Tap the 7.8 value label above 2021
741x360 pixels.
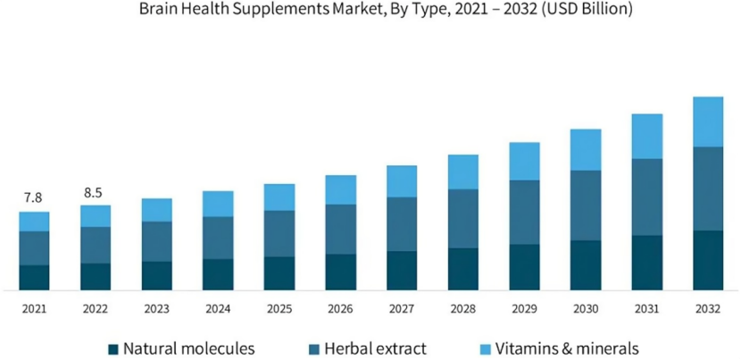click(x=34, y=197)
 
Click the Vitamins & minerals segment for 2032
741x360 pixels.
click(x=708, y=121)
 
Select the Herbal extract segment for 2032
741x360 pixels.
click(x=708, y=188)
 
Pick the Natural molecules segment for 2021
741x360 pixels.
click(x=34, y=278)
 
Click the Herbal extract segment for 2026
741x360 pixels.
click(x=340, y=230)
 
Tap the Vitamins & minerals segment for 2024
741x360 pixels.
click(x=218, y=204)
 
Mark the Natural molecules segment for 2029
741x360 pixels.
click(x=524, y=267)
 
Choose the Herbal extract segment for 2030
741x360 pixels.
click(x=586, y=205)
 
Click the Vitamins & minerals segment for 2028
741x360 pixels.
click(x=462, y=172)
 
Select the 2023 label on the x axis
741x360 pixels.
click(x=156, y=309)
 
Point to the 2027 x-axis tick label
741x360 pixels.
click(x=402, y=309)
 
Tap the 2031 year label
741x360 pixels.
click(x=647, y=309)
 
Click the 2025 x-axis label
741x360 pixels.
click(x=279, y=309)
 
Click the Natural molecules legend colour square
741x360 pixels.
click(x=112, y=348)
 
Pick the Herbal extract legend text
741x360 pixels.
click(x=375, y=348)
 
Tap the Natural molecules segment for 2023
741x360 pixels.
click(x=156, y=276)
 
